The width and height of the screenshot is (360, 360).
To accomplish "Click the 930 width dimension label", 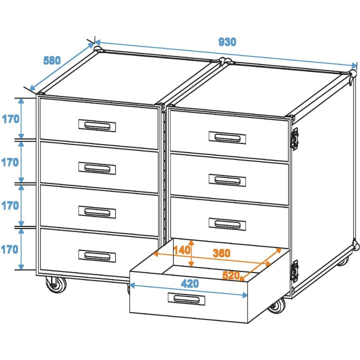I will coord(227,42).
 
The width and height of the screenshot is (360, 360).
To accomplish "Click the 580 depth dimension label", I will coord(52,60).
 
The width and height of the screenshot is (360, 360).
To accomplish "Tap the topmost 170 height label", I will coord(10,119).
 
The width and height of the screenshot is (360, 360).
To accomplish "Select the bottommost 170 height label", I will coord(10,248).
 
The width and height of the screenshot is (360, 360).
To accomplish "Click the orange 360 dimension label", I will coord(221,253).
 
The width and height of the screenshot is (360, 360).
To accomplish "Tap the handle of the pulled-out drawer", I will coord(186,298).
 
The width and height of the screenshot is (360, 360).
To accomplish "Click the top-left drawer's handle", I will coord(97,124).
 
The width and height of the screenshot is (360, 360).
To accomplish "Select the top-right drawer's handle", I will coord(227,136).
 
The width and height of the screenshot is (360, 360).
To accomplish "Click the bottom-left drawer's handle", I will coord(97,255).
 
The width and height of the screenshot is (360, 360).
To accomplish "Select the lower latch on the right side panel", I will coord(294,270).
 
